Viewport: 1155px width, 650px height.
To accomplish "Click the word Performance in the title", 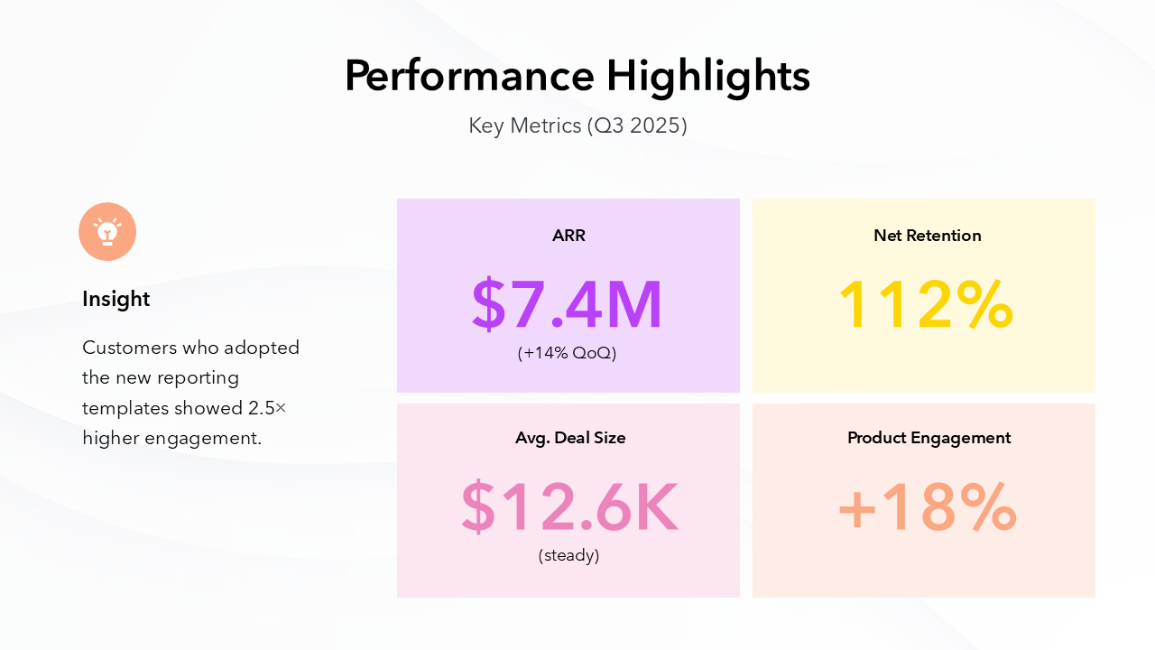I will tap(469, 77).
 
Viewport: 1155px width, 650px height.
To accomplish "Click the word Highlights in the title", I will tap(708, 77).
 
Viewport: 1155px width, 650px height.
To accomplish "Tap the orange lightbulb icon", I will tap(107, 232).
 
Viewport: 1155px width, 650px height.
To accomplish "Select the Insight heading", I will tap(116, 299).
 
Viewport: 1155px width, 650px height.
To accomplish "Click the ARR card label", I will tap(568, 236).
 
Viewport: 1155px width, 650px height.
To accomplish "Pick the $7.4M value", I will tap(568, 305).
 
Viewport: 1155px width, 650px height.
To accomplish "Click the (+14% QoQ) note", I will tap(568, 353).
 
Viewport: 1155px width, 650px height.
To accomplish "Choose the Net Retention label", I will tap(927, 236).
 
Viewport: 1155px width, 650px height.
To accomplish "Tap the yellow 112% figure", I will tap(926, 305).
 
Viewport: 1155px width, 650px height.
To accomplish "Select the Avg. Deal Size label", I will tap(570, 438).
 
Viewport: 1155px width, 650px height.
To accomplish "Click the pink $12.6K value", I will tap(568, 507).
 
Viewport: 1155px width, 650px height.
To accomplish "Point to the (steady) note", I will tap(568, 555).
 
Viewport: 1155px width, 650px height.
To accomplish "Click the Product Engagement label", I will tap(929, 438).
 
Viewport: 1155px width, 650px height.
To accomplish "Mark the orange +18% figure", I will tap(928, 507).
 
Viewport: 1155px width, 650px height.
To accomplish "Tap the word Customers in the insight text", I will tap(128, 348).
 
